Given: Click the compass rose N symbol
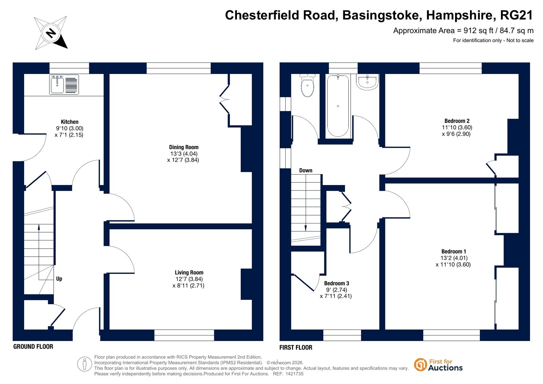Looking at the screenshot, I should click(51, 33).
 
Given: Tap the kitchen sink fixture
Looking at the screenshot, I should click(64, 85).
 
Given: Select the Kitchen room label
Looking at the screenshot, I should click(70, 122).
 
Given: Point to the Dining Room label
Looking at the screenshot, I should click(184, 147).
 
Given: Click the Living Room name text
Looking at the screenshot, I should click(189, 272).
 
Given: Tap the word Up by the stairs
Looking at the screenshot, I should click(59, 279).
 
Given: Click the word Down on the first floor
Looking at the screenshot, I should click(306, 170).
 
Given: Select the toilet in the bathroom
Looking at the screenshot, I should click(307, 85).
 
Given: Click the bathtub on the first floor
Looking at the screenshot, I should click(338, 106).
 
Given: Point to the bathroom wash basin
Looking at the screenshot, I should click(367, 82).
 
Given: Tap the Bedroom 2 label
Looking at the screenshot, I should click(457, 121).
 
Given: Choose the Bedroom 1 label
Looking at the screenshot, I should click(454, 251).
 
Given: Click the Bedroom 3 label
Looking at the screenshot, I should click(337, 283).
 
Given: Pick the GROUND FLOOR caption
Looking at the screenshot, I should click(33, 347).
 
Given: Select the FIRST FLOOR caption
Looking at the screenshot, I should click(296, 347).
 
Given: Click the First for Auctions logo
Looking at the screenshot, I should click(438, 365).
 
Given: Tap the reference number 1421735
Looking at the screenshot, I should click(293, 374).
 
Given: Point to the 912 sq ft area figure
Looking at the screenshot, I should click(478, 31).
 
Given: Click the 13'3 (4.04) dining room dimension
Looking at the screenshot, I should click(184, 153).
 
